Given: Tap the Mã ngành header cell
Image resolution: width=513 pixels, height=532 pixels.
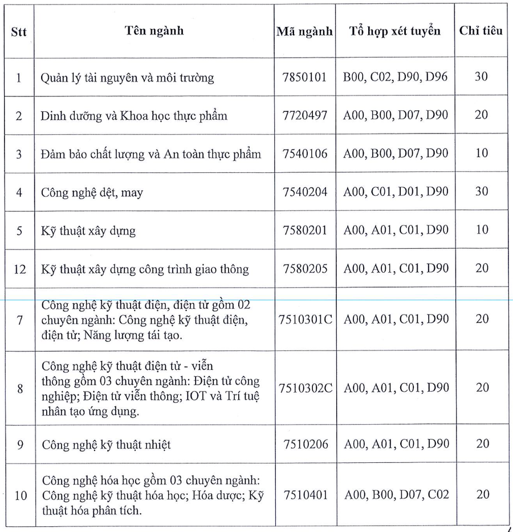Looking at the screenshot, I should click(x=304, y=31).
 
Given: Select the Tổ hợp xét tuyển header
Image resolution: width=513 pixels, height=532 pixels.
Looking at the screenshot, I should click(x=395, y=31).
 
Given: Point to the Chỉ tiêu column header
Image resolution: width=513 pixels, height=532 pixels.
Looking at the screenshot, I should click(x=481, y=31).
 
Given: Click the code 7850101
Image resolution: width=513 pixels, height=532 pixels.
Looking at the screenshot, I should click(x=305, y=76).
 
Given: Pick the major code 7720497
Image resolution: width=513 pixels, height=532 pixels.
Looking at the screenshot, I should click(x=305, y=115).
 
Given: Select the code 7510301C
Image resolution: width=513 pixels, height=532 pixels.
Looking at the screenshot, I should click(x=305, y=319).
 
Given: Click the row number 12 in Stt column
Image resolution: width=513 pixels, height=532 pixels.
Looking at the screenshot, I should click(x=19, y=269).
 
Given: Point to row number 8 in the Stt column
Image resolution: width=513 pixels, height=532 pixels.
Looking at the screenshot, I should click(x=19, y=389).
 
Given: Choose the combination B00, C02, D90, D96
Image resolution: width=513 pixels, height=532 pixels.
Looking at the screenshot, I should click(x=395, y=76).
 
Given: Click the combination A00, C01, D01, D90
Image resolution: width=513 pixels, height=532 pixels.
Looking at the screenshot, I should click(x=395, y=192).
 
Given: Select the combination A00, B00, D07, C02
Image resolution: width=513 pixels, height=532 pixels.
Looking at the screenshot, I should click(x=395, y=494).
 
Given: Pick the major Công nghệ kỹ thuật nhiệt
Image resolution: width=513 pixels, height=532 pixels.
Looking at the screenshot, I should click(x=105, y=444).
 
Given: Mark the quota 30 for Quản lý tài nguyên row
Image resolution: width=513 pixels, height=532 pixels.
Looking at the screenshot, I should click(x=481, y=76).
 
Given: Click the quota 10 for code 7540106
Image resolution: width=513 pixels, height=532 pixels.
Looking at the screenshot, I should click(x=481, y=154).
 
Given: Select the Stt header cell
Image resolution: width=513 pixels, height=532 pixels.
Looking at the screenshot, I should click(x=19, y=31).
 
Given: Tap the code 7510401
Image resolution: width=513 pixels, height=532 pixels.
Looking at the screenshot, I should click(x=305, y=494).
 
